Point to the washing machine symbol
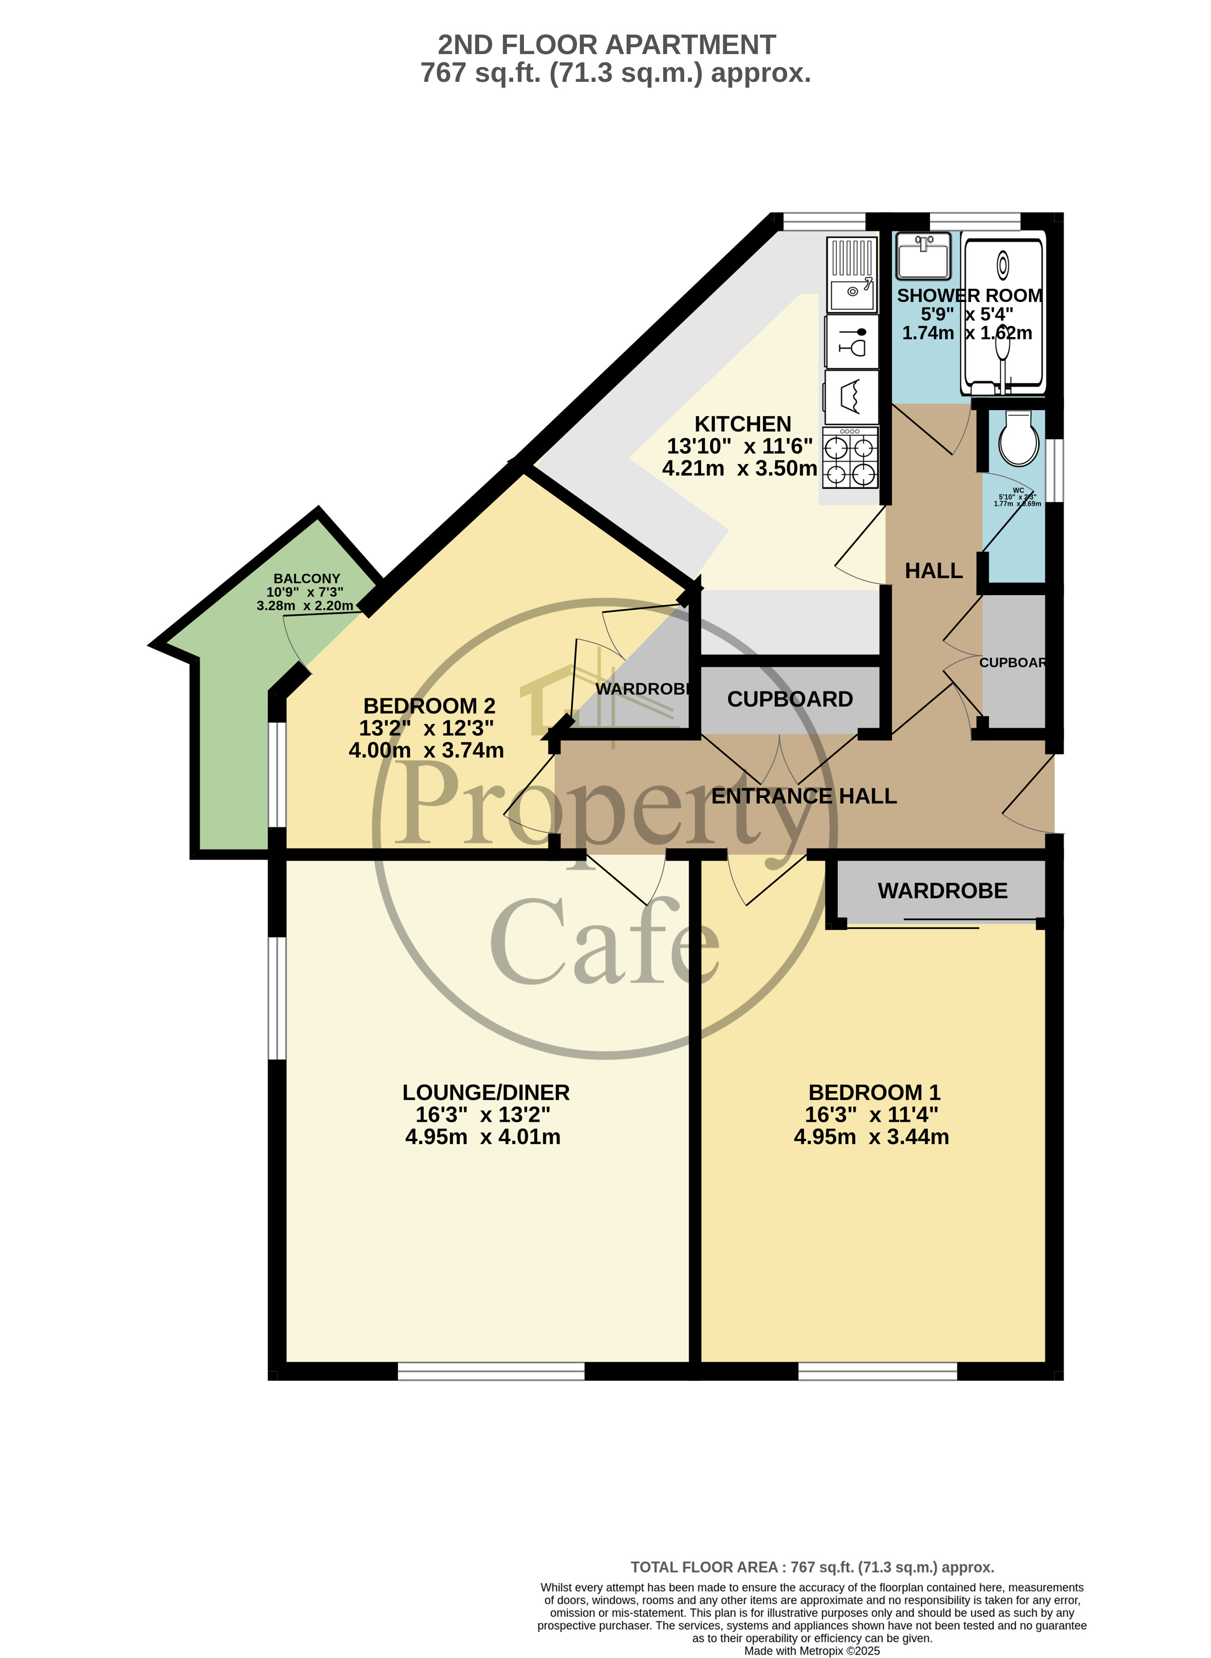point(852,396)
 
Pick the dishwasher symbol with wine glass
point(852,342)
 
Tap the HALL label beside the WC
point(933,570)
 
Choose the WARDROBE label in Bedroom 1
point(943,891)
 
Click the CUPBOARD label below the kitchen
point(789,699)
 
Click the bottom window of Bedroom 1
point(877,1371)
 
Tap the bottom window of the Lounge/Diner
point(491,1371)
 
